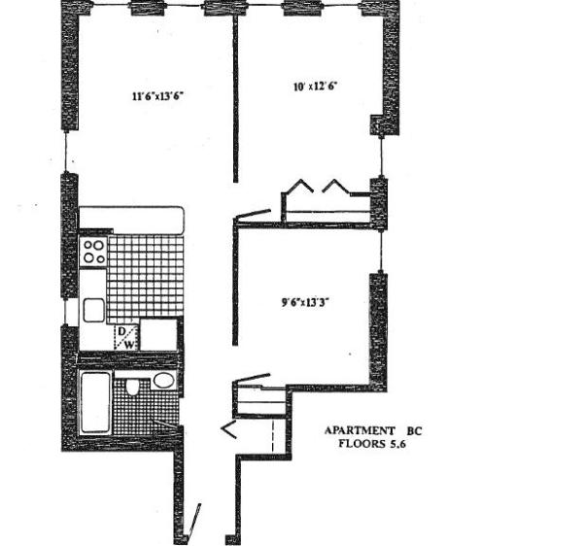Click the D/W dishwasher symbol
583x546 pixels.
click(x=126, y=336)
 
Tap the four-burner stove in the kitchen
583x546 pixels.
click(x=93, y=253)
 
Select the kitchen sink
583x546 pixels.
click(x=93, y=310)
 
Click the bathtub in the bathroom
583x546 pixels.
click(x=94, y=400)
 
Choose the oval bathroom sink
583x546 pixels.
click(x=163, y=380)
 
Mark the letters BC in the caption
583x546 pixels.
click(x=416, y=430)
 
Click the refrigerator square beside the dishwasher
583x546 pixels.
click(x=159, y=335)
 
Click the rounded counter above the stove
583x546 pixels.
click(x=131, y=218)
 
